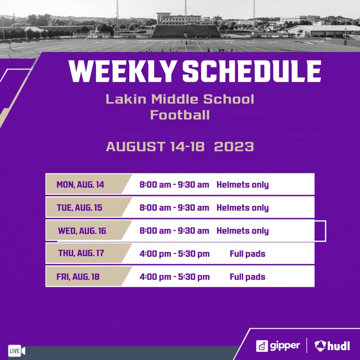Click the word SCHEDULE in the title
[x=252, y=72]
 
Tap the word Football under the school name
[x=180, y=115]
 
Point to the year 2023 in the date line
[x=234, y=146]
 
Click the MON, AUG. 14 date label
[x=80, y=185]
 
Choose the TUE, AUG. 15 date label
[x=80, y=208]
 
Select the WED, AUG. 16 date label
[x=82, y=231]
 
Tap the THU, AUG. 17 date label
[x=81, y=253]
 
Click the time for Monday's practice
[x=174, y=185]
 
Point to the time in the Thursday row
[x=174, y=254]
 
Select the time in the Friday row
[x=174, y=277]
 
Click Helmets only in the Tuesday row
[x=242, y=208]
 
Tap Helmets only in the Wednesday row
[x=242, y=231]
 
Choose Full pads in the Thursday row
[x=247, y=254]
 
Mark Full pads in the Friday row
[x=247, y=277]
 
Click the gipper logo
[x=278, y=346]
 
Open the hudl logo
[x=332, y=346]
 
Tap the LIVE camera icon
[x=16, y=351]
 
